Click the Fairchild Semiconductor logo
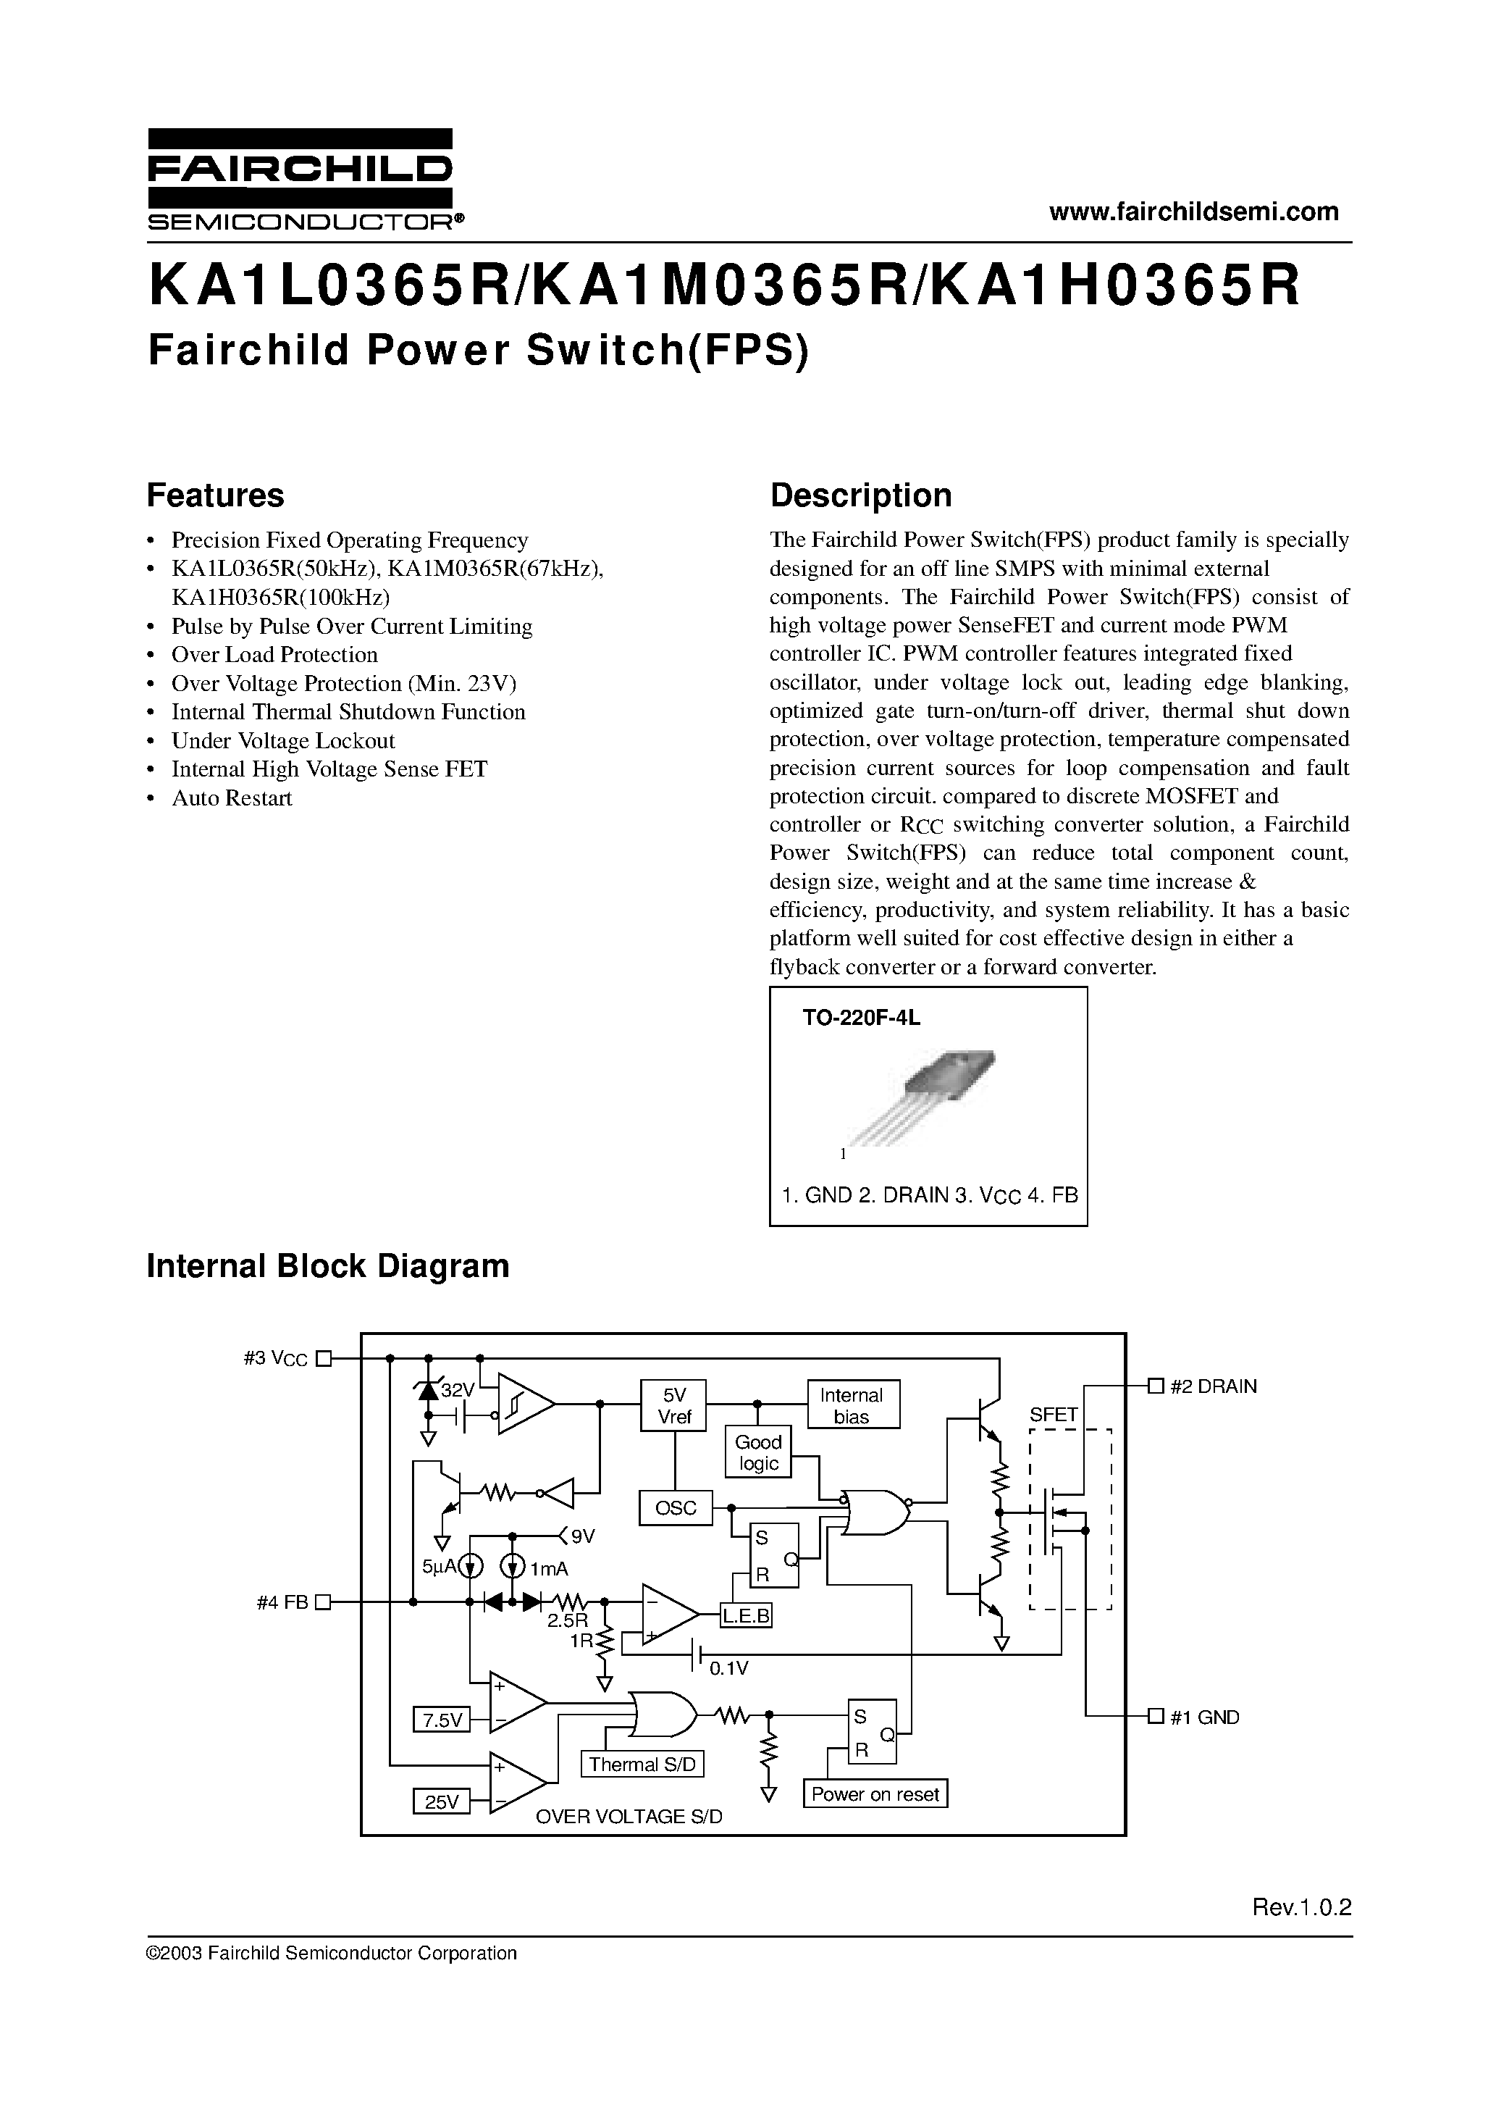pos(300,179)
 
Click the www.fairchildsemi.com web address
pos(1193,212)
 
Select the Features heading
pos(215,495)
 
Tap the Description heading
pos(860,495)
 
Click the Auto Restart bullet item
pos(232,798)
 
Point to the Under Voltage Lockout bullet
pos(282,741)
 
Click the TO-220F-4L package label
pos(862,1018)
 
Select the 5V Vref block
pos(674,1405)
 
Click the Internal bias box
pos(852,1406)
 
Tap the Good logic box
pos(758,1452)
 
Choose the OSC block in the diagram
pos(675,1507)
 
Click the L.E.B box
pos(745,1616)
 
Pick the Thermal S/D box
pos(641,1764)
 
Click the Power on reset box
pos(875,1794)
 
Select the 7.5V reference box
pos(442,1720)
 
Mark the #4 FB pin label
pos(282,1602)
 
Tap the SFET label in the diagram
pos(1054,1414)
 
